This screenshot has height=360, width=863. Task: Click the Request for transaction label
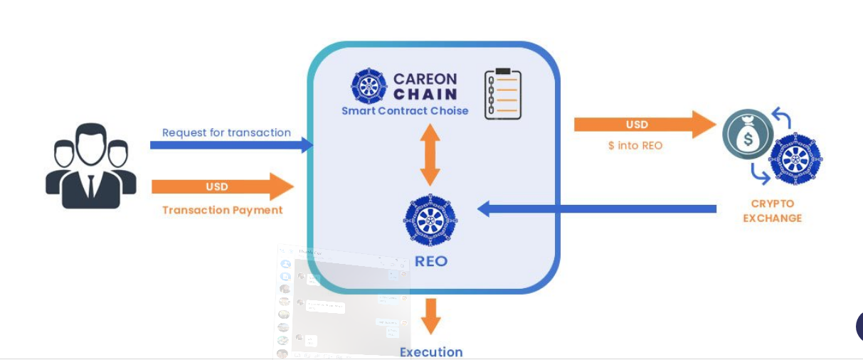point(226,132)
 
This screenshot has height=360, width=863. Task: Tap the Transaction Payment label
point(222,210)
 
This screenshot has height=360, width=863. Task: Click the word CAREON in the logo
point(425,78)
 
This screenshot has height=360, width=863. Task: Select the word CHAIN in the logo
point(425,94)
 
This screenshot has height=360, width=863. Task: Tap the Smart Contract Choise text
point(405,111)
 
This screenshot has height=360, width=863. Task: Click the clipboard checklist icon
point(502,93)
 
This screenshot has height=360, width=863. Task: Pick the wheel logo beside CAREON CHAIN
point(369,86)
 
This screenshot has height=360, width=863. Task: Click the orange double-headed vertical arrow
point(430,154)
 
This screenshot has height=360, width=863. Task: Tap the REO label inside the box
point(431,261)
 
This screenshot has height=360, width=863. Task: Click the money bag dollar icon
point(748,133)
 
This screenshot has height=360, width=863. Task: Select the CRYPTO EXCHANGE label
point(772,211)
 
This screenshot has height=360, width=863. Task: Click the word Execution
point(431,352)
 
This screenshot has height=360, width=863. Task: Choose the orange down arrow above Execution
point(430,316)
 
